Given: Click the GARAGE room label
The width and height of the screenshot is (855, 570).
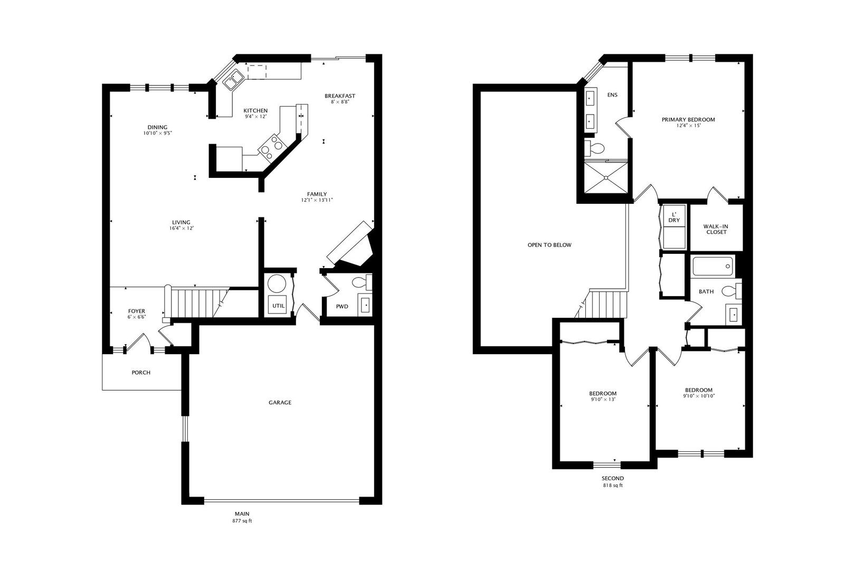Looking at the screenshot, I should coord(280,403).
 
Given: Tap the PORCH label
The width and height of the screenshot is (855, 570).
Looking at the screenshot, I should coord(141,373).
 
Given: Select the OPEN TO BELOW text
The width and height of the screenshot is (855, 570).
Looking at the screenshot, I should coord(549,245).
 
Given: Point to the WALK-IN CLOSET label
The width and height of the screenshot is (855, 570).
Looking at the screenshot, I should coord(716,229).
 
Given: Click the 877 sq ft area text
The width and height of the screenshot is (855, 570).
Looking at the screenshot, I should coord(242,521).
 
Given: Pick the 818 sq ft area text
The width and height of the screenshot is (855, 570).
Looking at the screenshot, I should coord(613,486).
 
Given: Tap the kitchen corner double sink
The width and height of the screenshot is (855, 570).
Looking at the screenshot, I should coord(233,81).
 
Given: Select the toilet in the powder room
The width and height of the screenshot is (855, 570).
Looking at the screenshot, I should coord(361,283).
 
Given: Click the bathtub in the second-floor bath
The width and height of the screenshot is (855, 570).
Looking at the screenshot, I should coord(712,267).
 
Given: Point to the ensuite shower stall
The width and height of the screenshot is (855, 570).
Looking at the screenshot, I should coord(606,178).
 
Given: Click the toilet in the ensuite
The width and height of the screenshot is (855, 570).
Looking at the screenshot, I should coord(595,147).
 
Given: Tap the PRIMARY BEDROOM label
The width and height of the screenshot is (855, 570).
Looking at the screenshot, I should coord(688,120).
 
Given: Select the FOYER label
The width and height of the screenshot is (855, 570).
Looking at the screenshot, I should coord(137,311).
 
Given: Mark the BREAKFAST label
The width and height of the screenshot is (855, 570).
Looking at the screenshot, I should coord(340,96).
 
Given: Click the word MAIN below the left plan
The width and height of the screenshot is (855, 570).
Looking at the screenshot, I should coord(242,514).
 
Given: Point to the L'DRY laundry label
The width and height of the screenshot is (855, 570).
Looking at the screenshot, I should coord(674,217).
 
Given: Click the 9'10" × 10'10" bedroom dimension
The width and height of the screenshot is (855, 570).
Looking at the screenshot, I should coord(699,396).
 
